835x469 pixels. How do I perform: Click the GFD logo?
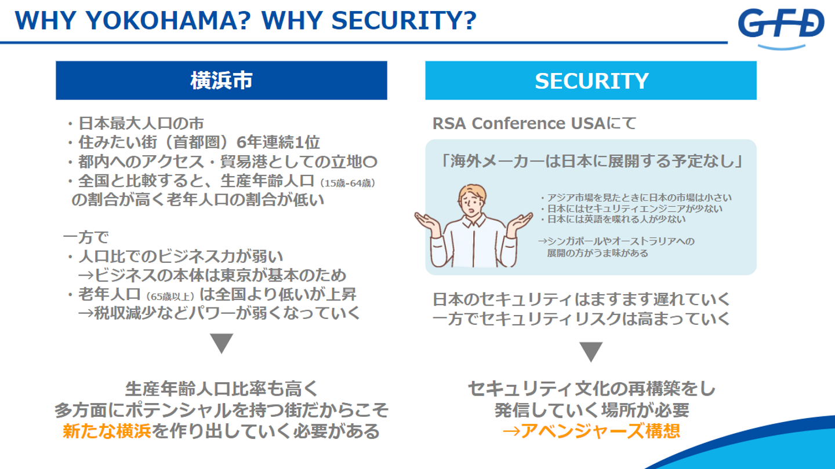781,28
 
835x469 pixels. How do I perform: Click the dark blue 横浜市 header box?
222,80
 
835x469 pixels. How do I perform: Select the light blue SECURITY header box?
591,80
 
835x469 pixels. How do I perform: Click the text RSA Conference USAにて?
534,123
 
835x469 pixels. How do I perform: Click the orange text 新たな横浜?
107,431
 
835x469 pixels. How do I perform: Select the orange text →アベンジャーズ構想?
591,431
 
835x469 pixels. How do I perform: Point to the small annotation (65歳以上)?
170,296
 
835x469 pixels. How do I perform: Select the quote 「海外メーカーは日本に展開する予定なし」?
591,161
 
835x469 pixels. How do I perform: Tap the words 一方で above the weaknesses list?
86,237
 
